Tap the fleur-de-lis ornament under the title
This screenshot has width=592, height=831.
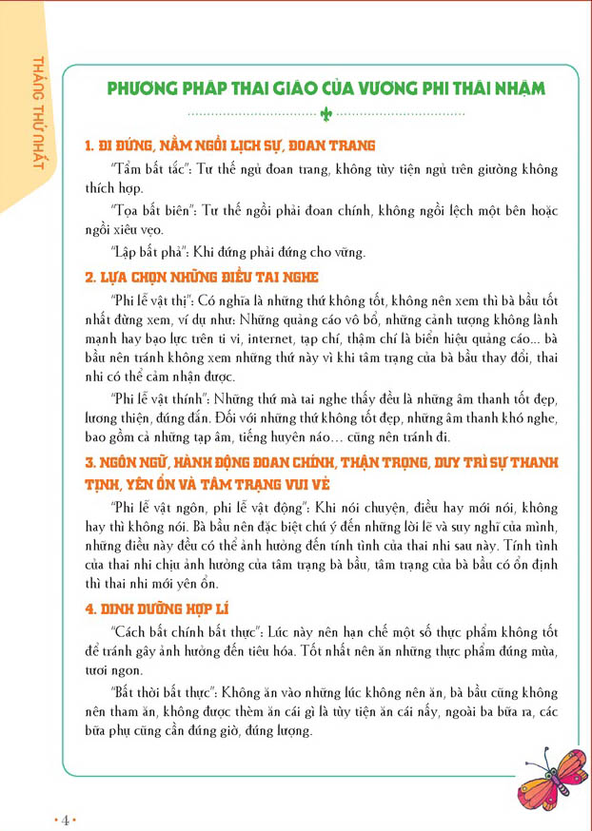tap(326, 113)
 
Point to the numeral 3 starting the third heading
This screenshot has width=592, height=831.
tap(89, 463)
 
